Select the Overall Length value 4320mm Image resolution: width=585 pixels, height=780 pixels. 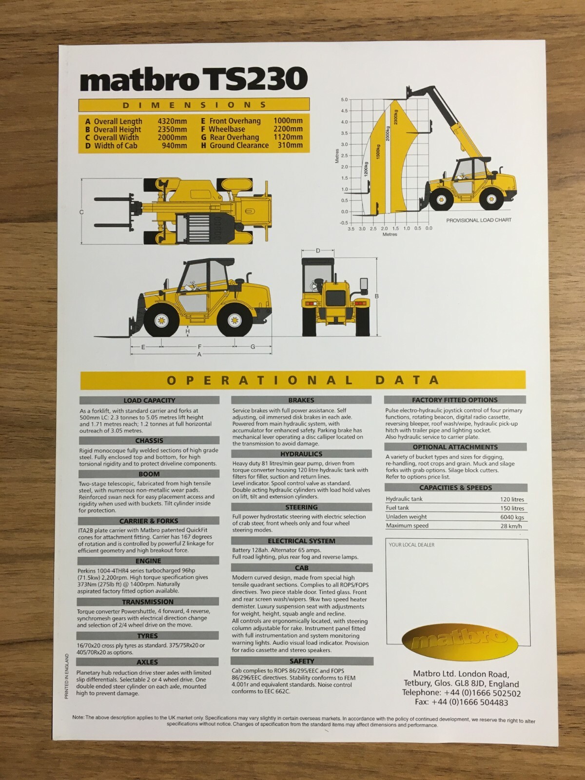(x=172, y=121)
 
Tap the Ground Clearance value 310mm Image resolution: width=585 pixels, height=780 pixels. (x=290, y=145)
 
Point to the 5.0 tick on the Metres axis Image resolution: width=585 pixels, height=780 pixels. (x=344, y=100)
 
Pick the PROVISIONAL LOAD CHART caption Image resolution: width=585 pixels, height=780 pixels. (x=479, y=220)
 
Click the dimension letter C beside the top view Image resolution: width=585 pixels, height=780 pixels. (x=81, y=212)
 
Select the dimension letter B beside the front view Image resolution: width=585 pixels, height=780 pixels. (x=377, y=296)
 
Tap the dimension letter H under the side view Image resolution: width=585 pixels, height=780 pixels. (x=188, y=331)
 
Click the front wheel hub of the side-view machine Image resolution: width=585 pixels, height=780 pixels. (x=161, y=320)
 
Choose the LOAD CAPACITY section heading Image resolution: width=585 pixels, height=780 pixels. (x=149, y=400)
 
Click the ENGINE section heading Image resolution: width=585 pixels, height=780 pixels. (x=148, y=561)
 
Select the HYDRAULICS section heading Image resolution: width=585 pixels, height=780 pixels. (x=301, y=454)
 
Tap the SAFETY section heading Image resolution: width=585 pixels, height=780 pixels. (x=302, y=661)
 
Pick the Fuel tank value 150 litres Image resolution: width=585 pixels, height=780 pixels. (x=512, y=508)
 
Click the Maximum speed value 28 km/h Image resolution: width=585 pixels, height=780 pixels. (x=511, y=526)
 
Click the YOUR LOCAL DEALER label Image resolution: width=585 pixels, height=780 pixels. (x=411, y=545)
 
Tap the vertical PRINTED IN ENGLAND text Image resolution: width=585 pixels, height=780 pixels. (x=67, y=676)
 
